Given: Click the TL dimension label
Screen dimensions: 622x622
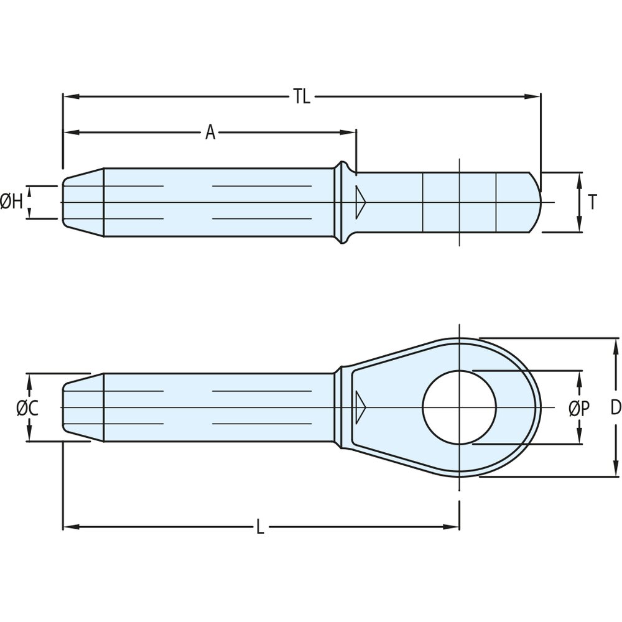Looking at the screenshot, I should click(302, 96).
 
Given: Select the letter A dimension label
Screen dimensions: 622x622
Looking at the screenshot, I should click(210, 132).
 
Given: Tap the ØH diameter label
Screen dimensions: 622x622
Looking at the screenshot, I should click(12, 202).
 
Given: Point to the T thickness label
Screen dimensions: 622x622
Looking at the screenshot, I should click(593, 202).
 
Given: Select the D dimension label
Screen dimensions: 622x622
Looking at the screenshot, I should click(615, 408).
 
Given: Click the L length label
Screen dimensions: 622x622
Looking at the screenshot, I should click(260, 527).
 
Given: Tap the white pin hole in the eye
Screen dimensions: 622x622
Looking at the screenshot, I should click(459, 407).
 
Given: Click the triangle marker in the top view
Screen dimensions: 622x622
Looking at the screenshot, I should click(360, 202).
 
